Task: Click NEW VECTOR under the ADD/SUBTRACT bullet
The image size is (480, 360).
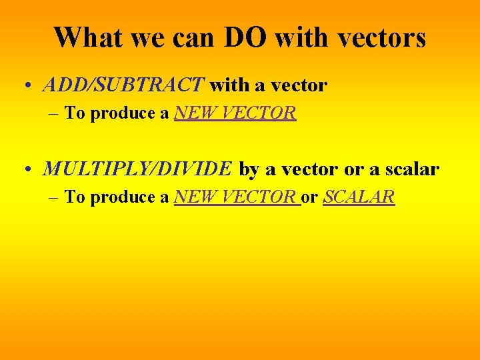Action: pyautogui.click(x=235, y=113)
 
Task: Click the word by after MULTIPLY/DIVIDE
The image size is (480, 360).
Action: pyautogui.click(x=249, y=170)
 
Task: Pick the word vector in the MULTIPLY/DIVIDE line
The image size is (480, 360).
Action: pyautogui.click(x=310, y=170)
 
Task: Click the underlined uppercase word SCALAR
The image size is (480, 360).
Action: pyautogui.click(x=359, y=197)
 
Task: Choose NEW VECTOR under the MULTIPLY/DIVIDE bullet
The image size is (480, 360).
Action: pyautogui.click(x=236, y=197)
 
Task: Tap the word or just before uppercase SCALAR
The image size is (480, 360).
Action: pyautogui.click(x=309, y=198)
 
